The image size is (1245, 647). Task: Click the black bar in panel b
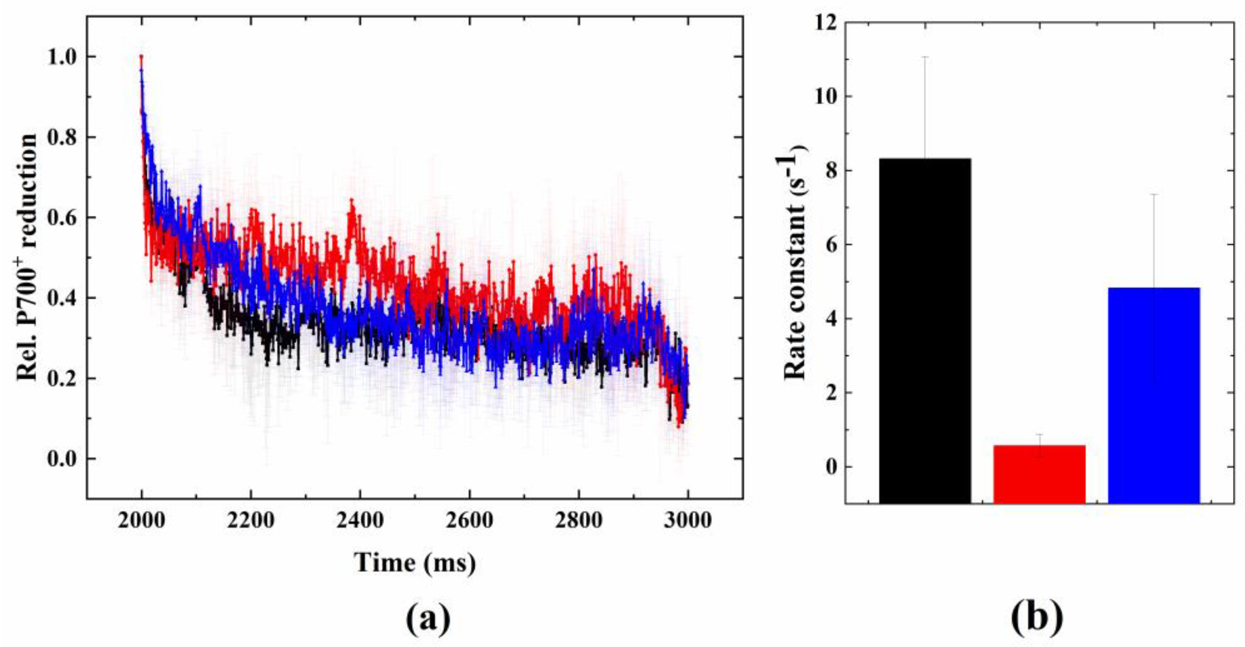pyautogui.click(x=925, y=331)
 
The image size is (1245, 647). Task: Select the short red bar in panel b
pyautogui.click(x=1039, y=474)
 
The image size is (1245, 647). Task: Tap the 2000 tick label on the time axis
pyautogui.click(x=142, y=521)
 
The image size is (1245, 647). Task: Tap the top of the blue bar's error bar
pyautogui.click(x=1154, y=194)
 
